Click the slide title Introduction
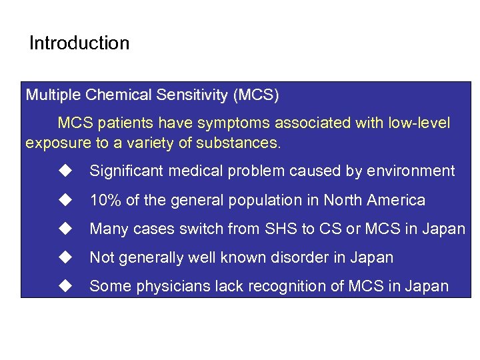coord(79,44)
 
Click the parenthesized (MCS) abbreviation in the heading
coord(255,95)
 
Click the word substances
coord(245,143)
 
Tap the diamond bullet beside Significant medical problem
coord(65,171)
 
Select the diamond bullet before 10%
coord(65,199)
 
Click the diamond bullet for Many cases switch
coord(65,229)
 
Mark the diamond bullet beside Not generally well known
coord(65,257)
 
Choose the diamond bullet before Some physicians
coord(65,286)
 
